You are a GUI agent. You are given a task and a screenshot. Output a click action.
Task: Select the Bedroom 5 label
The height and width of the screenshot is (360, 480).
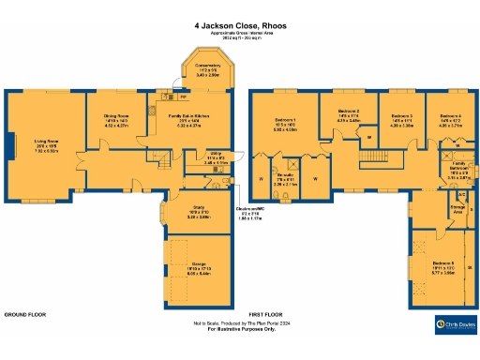click(442, 265)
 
